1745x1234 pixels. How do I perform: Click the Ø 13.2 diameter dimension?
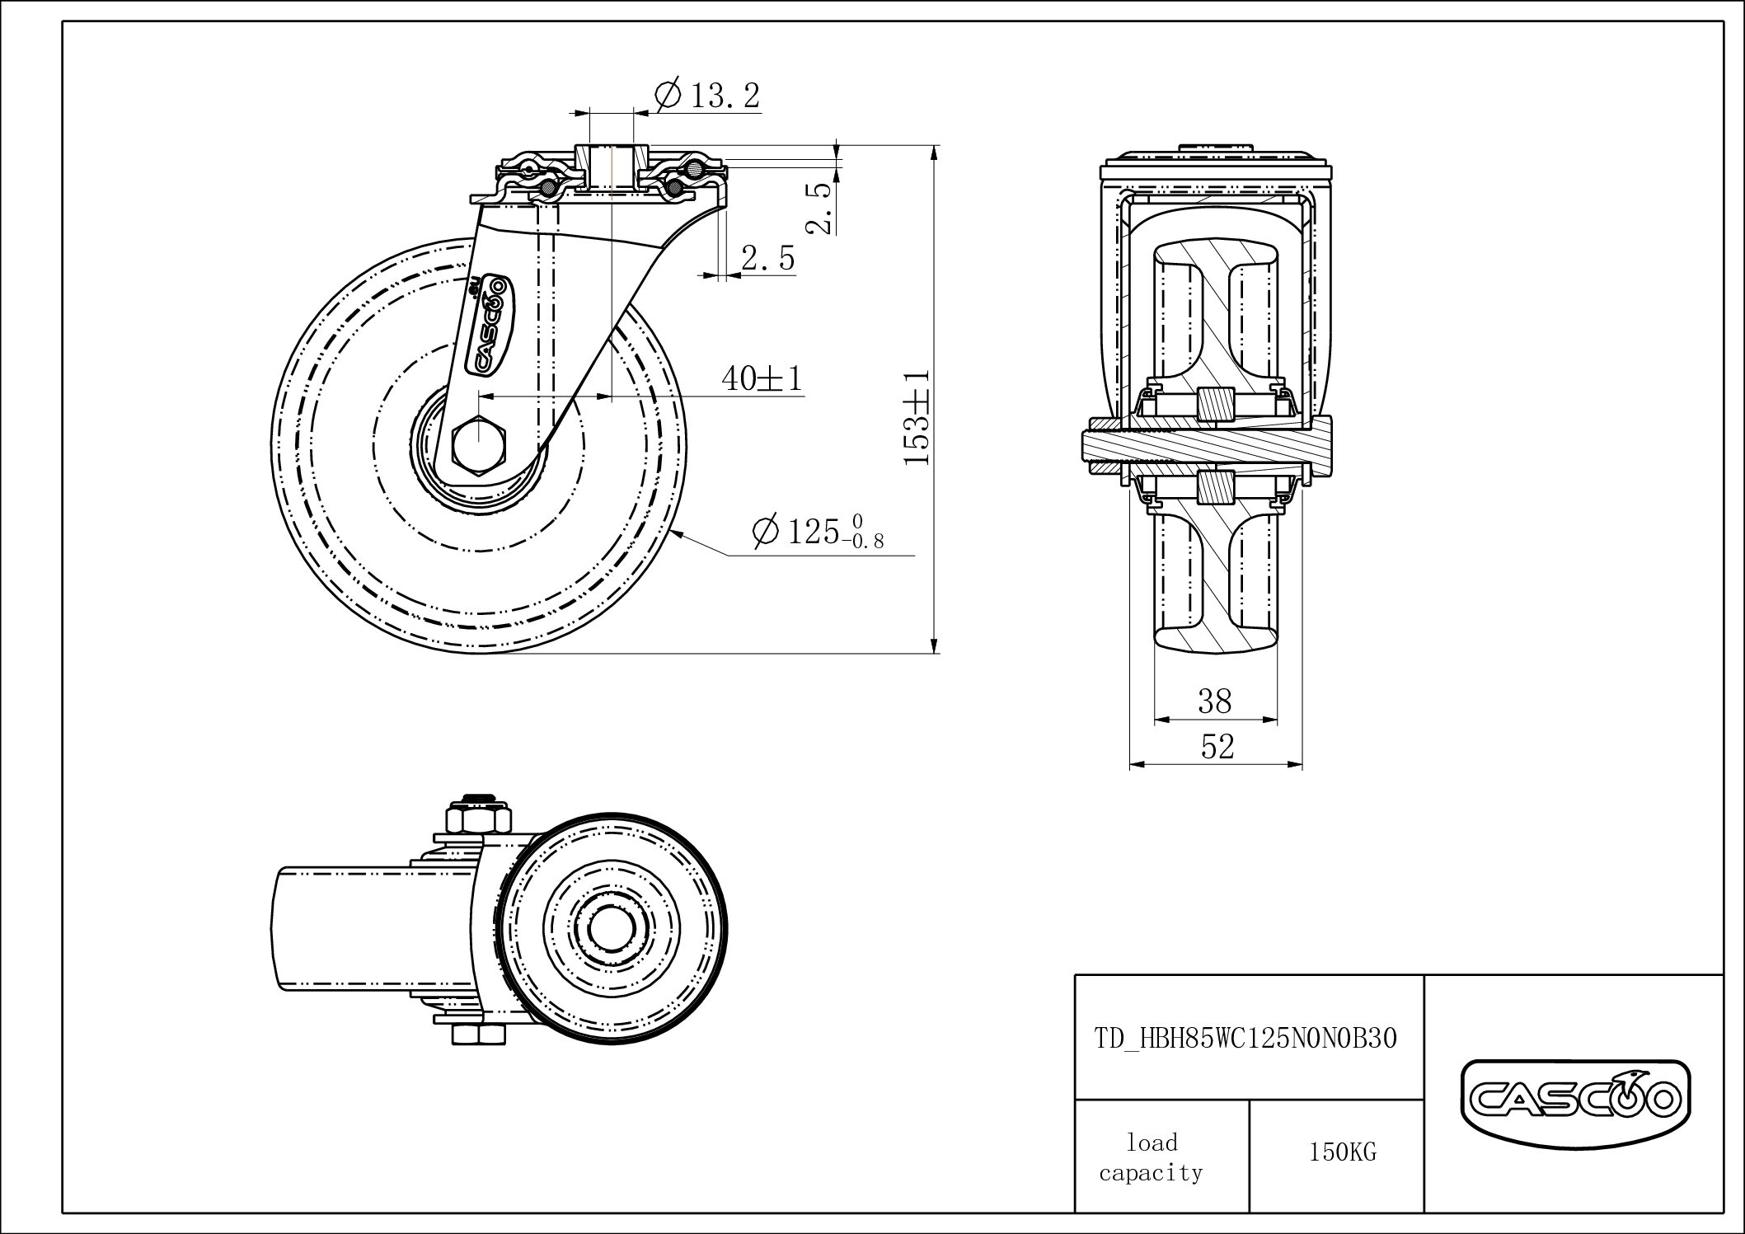pyautogui.click(x=706, y=95)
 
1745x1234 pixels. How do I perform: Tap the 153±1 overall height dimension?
pyautogui.click(x=917, y=417)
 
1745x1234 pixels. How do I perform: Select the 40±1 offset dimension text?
pyautogui.click(x=762, y=378)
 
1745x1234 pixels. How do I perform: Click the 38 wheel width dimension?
pyautogui.click(x=1215, y=701)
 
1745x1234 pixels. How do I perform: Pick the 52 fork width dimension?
pyautogui.click(x=1217, y=747)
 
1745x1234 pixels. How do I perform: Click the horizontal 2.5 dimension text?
pyautogui.click(x=768, y=259)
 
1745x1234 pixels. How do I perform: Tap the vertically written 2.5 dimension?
pyautogui.click(x=820, y=208)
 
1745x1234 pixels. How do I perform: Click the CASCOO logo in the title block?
pyautogui.click(x=1575, y=1102)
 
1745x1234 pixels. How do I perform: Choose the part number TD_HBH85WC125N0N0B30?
pyautogui.click(x=1245, y=1039)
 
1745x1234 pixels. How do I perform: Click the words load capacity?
pyautogui.click(x=1152, y=1157)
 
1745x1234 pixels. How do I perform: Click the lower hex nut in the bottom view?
pyautogui.click(x=478, y=1035)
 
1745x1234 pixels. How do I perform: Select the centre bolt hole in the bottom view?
pyautogui.click(x=611, y=925)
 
